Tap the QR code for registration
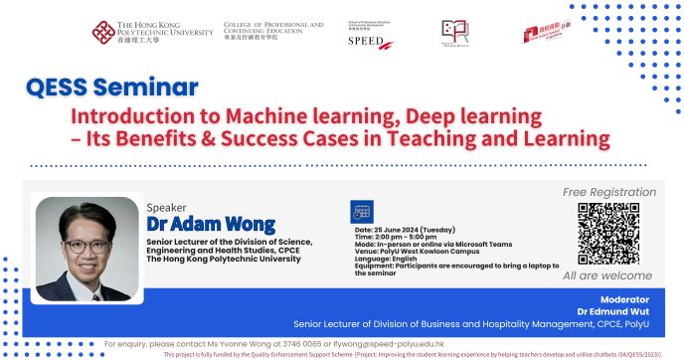(607, 232)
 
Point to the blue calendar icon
(363, 212)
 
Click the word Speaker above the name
(166, 207)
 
